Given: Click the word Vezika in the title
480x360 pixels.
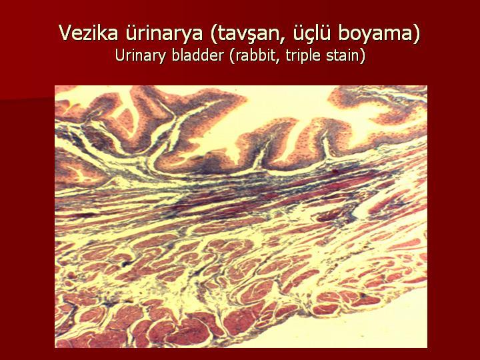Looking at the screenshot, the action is [89, 33].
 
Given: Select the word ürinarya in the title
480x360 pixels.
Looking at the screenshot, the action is [164, 33].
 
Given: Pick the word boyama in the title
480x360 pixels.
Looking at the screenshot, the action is [375, 34].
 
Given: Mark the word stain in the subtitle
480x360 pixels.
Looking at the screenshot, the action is [343, 56].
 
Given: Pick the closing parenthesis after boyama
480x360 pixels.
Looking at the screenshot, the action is [416, 34].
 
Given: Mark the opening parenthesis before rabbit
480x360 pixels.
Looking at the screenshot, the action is [233, 56].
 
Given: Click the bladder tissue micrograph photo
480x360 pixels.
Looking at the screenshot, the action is [241, 217].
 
